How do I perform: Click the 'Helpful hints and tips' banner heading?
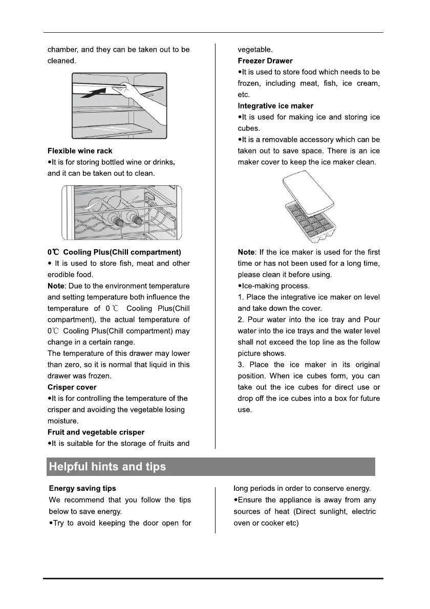coord(107,467)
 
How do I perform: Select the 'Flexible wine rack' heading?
coord(80,151)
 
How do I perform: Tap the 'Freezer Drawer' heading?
coord(265,61)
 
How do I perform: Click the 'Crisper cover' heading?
coord(72,387)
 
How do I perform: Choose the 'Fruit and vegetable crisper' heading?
coord(96,432)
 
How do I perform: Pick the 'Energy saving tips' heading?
coord(82,489)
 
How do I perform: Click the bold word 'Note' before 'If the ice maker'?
coord(247,252)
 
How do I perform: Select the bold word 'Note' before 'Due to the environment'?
coord(56,286)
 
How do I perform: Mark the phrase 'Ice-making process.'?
coord(275,286)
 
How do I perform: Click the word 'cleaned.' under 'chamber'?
coord(62,61)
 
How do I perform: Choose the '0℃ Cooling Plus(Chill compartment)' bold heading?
coord(114,252)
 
